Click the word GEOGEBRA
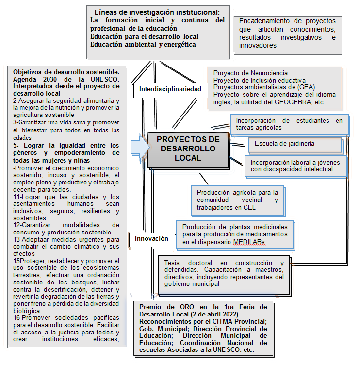pyautogui.click(x=307, y=102)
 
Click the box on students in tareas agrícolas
pyautogui.click(x=289, y=124)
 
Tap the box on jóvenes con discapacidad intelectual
pyautogui.click(x=296, y=165)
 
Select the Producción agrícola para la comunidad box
pyautogui.click(x=237, y=200)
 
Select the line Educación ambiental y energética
pyautogui.click(x=143, y=44)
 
